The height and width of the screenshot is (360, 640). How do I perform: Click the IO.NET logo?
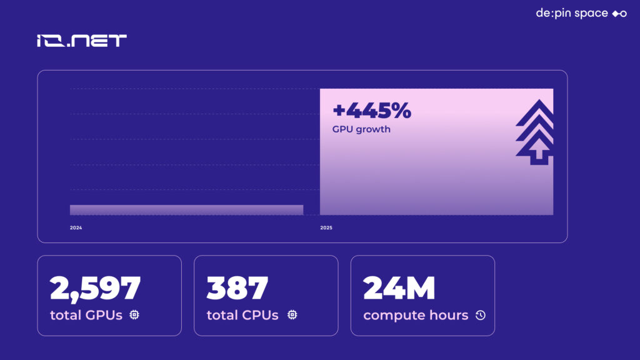pyautogui.click(x=82, y=41)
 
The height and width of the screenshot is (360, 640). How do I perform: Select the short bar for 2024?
pyautogui.click(x=186, y=210)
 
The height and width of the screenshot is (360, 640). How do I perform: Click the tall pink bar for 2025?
pyautogui.click(x=436, y=151)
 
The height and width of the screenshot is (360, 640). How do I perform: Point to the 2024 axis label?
pyautogui.click(x=76, y=227)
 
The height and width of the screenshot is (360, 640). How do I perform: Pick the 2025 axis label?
pyautogui.click(x=326, y=227)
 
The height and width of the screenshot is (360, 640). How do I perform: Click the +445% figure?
pyautogui.click(x=372, y=110)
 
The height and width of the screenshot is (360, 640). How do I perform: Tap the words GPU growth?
pyautogui.click(x=361, y=129)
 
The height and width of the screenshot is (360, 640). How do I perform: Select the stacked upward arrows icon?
pyautogui.click(x=535, y=132)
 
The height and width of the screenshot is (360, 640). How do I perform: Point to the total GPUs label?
pyautogui.click(x=86, y=315)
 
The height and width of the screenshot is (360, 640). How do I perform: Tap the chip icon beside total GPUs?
pyautogui.click(x=134, y=315)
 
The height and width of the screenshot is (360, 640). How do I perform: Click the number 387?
pyautogui.click(x=237, y=287)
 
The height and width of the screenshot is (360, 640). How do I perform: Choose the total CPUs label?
pyautogui.click(x=242, y=315)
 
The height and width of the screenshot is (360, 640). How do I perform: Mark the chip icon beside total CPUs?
pyautogui.click(x=292, y=315)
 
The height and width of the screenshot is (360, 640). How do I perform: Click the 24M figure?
pyautogui.click(x=399, y=287)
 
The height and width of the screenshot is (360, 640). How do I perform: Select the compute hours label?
pyautogui.click(x=416, y=316)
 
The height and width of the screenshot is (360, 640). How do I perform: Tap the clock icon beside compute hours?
pyautogui.click(x=481, y=315)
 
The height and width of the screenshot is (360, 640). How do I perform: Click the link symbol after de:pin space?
pyautogui.click(x=619, y=14)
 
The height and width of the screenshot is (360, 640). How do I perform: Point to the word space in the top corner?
pyautogui.click(x=591, y=14)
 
